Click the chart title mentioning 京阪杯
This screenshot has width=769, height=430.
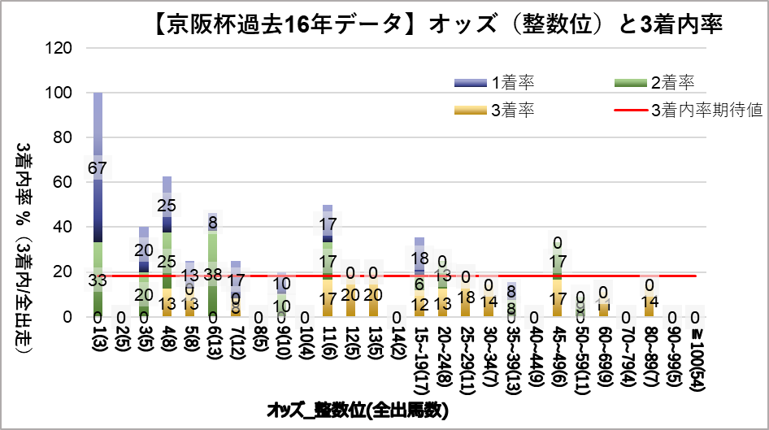(437, 26)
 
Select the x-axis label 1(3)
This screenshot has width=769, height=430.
(98, 339)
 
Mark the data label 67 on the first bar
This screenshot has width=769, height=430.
(98, 168)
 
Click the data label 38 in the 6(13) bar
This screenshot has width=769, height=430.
(214, 274)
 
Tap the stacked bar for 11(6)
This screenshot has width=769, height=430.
(328, 261)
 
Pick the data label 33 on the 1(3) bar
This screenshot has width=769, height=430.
(98, 280)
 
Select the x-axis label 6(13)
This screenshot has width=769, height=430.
(214, 342)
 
